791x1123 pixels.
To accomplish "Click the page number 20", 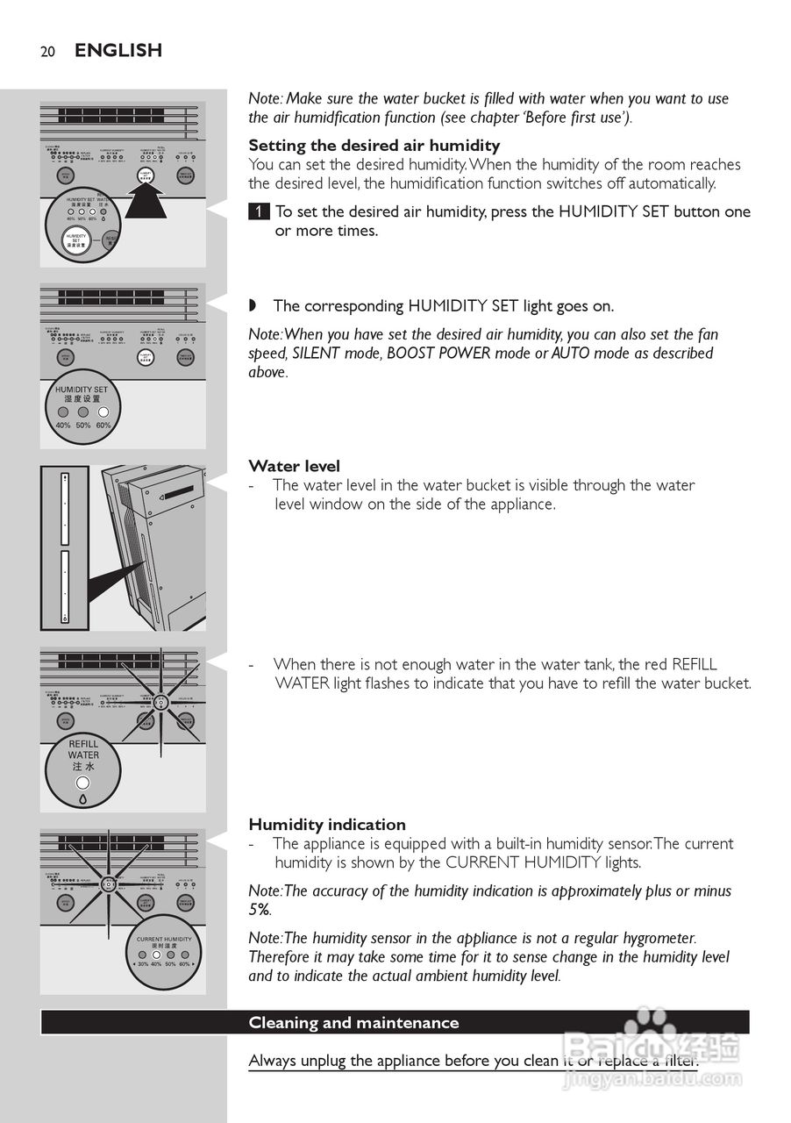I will pyautogui.click(x=47, y=52).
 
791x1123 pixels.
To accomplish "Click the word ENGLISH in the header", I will pyautogui.click(x=118, y=51).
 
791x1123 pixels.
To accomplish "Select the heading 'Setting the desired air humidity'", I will pyautogui.click(x=374, y=146).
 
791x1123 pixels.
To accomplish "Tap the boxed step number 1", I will pyautogui.click(x=259, y=212).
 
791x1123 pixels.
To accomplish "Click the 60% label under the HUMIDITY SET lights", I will pyautogui.click(x=103, y=425).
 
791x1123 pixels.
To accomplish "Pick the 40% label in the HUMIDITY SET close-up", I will pyautogui.click(x=63, y=425).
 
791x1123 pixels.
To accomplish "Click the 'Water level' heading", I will pyautogui.click(x=294, y=467).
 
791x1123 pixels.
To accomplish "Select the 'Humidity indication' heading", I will pyautogui.click(x=327, y=825).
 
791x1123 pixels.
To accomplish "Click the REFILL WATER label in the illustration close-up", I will pyautogui.click(x=83, y=749).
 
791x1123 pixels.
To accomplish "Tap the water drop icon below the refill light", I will pyautogui.click(x=83, y=799).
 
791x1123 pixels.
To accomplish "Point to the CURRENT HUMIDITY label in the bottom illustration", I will pyautogui.click(x=164, y=940).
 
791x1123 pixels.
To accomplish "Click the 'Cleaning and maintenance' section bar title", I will pyautogui.click(x=353, y=1023).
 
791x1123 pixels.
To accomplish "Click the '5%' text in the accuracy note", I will pyautogui.click(x=260, y=910).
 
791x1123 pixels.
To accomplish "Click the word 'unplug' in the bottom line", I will pyautogui.click(x=323, y=1062).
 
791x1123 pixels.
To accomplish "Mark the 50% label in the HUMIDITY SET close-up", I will pyautogui.click(x=83, y=425).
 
